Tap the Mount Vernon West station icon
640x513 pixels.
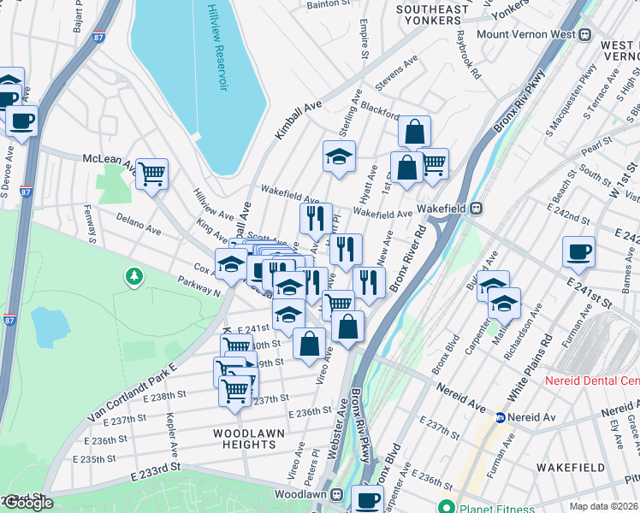pos(585,34)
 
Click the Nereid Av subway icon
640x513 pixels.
pos(501,418)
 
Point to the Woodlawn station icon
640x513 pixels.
pos(337,494)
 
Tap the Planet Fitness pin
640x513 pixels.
pos(443,505)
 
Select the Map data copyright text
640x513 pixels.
pos(603,506)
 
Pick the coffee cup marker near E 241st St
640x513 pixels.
pos(578,252)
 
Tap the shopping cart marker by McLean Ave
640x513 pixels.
pos(151,174)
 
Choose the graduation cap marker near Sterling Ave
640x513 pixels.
pos(339,156)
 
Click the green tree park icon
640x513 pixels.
pos(133,276)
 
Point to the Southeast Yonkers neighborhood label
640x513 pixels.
pos(432,15)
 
